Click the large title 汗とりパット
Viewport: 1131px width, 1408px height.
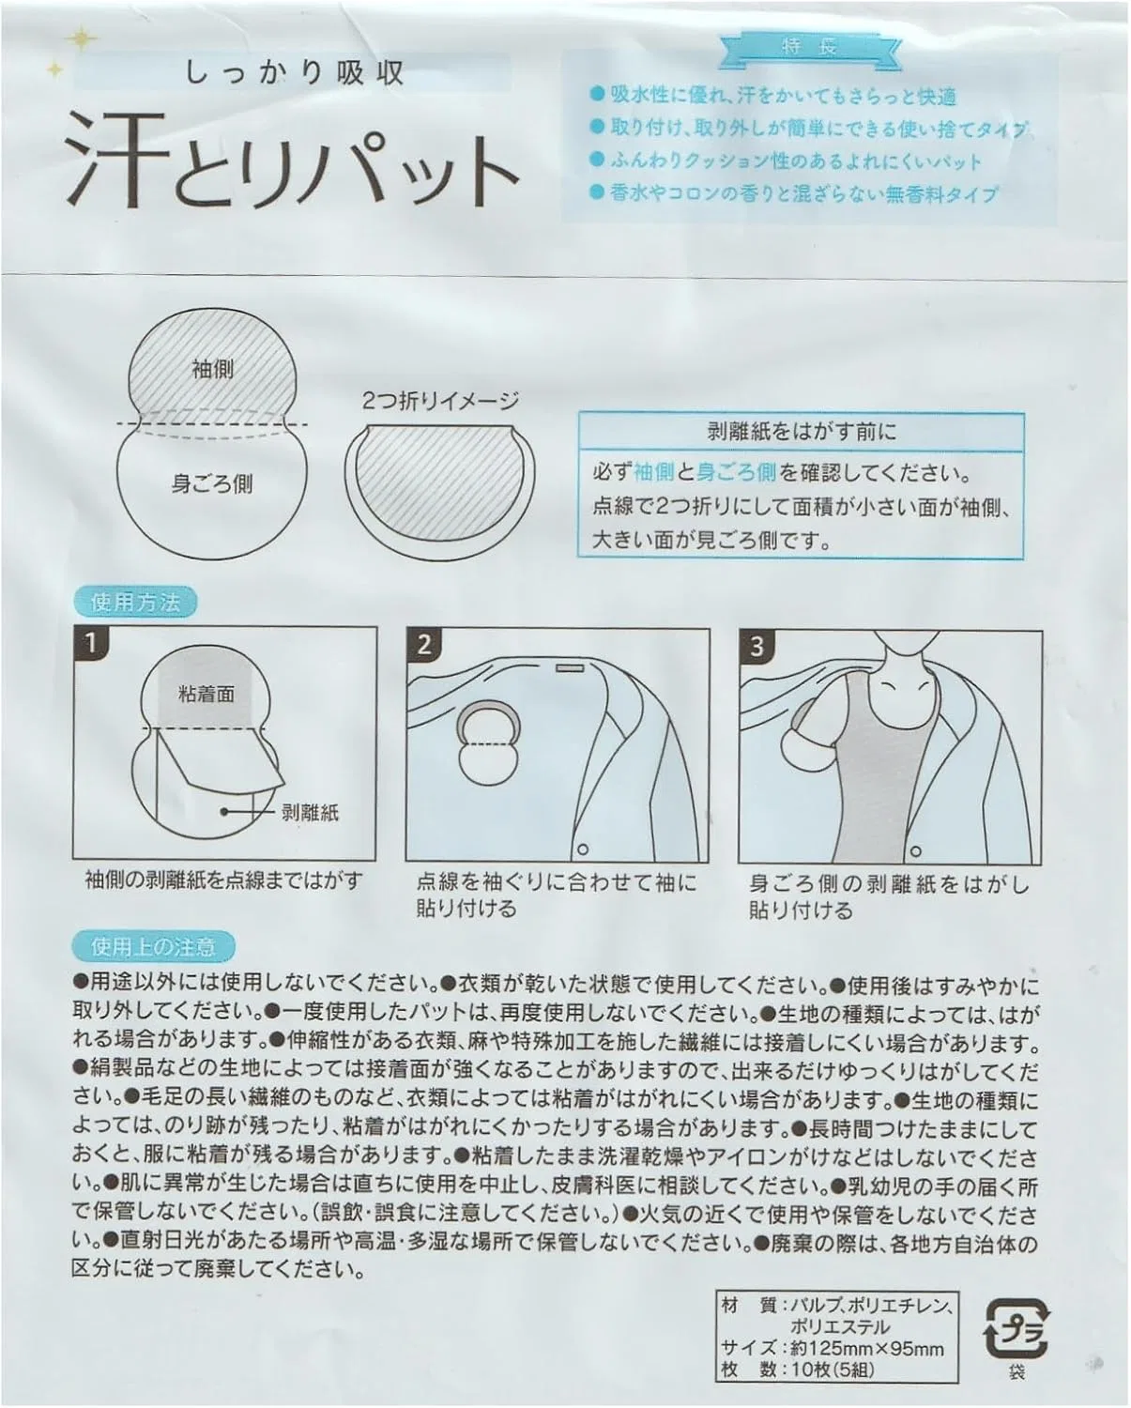click(x=292, y=161)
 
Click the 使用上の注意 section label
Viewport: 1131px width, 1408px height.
click(x=153, y=946)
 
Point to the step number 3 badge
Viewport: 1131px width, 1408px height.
click(x=757, y=646)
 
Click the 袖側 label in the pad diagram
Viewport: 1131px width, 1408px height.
click(x=213, y=369)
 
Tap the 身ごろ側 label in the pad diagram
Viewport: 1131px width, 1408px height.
click(x=211, y=484)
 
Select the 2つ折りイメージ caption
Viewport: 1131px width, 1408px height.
click(x=440, y=401)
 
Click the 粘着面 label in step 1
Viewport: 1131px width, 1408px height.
click(x=206, y=695)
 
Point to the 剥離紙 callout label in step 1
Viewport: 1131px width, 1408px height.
click(x=310, y=813)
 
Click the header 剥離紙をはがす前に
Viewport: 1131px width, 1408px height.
click(x=801, y=432)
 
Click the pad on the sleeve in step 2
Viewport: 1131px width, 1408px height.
click(x=489, y=744)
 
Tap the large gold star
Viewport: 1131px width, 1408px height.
click(x=82, y=40)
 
